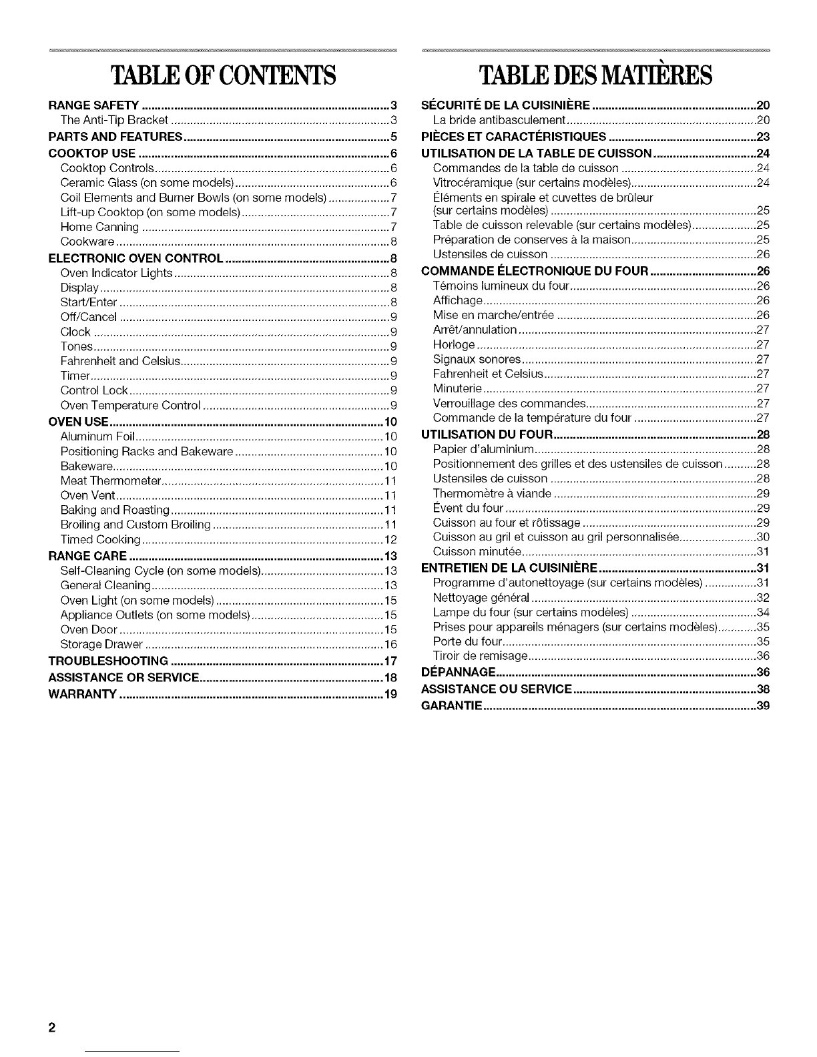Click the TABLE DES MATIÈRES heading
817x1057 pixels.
pyautogui.click(x=595, y=76)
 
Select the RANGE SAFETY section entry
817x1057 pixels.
pyautogui.click(x=94, y=105)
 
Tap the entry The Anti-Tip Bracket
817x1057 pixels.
pyautogui.click(x=113, y=120)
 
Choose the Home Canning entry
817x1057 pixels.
pyautogui.click(x=99, y=227)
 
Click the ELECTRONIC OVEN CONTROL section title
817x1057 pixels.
pyautogui.click(x=136, y=258)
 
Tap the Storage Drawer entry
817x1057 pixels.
pyautogui.click(x=101, y=645)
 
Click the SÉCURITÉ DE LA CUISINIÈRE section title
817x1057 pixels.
pyautogui.click(x=505, y=105)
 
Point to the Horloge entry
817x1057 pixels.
pyautogui.click(x=454, y=344)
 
